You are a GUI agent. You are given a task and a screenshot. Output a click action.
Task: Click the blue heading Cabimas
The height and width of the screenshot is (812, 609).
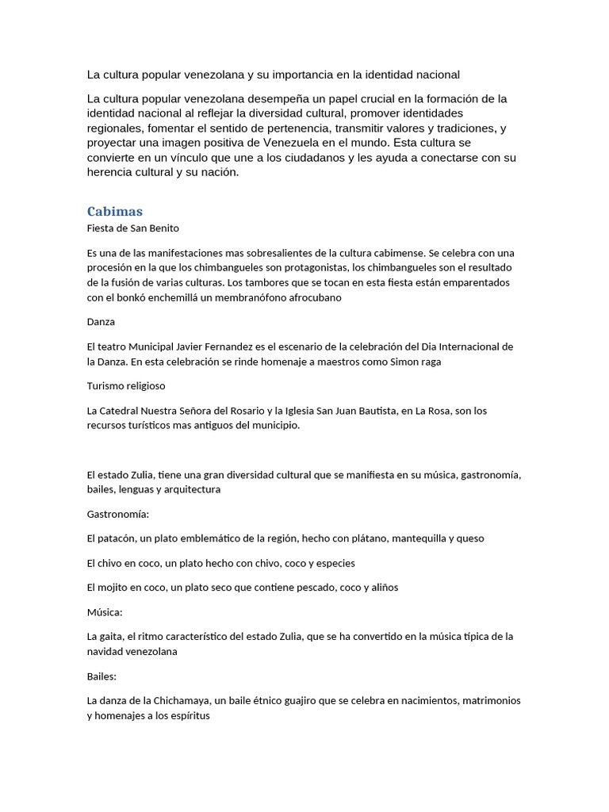(x=114, y=211)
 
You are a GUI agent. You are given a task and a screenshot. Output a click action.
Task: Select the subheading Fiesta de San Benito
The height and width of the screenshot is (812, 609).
(x=132, y=228)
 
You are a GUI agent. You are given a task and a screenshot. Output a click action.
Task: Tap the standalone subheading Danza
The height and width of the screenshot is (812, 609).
(x=101, y=322)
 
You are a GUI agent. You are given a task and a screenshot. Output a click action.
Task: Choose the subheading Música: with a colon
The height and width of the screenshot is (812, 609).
(x=105, y=612)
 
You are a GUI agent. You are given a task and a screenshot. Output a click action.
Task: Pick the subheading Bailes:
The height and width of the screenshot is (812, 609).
(x=102, y=676)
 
